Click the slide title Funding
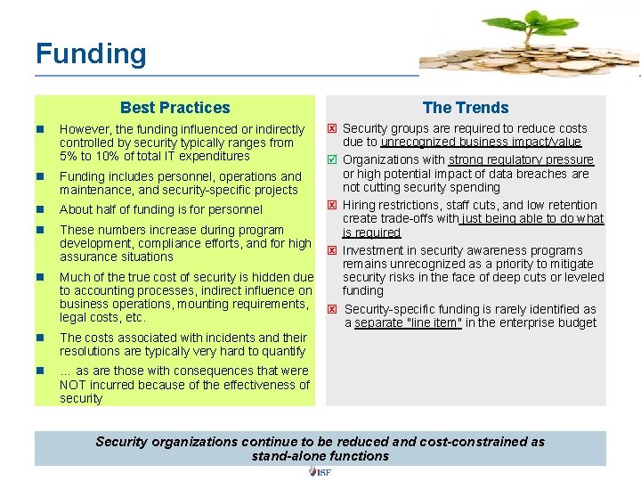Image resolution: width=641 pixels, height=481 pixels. coord(91,53)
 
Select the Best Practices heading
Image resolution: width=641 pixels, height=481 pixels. coord(174,108)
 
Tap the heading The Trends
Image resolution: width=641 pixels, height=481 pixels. coord(466,108)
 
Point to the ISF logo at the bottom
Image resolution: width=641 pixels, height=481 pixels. coord(320,471)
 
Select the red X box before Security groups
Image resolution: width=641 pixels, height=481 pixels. coord(332,129)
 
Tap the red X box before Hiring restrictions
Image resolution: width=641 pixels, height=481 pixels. coord(332,206)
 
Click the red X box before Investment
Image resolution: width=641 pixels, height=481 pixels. coord(332,251)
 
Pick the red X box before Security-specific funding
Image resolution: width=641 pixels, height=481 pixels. coord(332,310)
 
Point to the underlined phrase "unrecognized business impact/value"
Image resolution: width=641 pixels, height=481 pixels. coord(481,143)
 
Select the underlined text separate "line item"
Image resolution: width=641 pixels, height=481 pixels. coord(408,323)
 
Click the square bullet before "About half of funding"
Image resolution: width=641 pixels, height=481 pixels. coord(41,210)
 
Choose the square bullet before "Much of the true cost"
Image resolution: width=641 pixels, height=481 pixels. coord(41,278)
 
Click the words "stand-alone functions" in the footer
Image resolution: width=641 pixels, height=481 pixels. coord(320,456)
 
